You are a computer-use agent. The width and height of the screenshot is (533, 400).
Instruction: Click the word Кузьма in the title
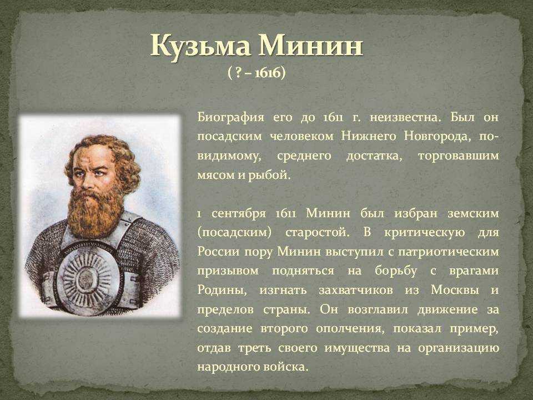coord(201,47)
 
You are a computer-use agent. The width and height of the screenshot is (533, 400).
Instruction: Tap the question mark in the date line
coord(238,72)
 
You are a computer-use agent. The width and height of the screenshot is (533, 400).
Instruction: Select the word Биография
coord(231,117)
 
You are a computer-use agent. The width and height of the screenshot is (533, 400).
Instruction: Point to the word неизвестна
coord(405,118)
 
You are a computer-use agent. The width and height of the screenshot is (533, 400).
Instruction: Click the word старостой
coord(317,233)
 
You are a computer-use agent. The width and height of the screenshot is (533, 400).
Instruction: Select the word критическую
coord(425,233)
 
